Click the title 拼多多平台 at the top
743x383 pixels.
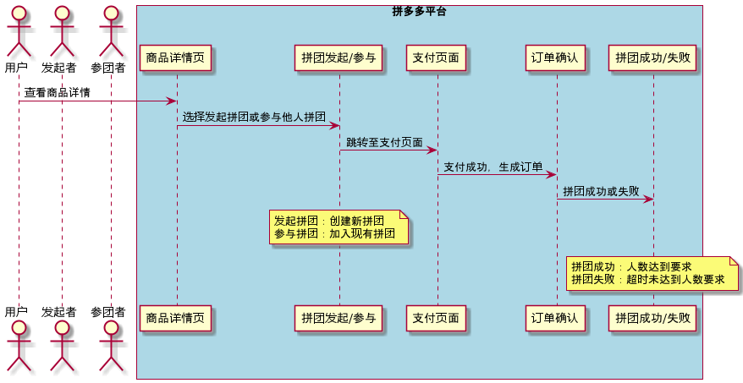(419, 12)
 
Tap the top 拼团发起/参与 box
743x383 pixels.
(339, 58)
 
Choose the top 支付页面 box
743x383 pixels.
(437, 58)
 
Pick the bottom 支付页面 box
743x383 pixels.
(437, 319)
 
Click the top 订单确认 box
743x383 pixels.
(555, 58)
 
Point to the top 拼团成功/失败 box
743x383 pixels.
(652, 58)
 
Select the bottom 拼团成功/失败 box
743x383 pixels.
(652, 319)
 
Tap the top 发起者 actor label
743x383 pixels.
(59, 67)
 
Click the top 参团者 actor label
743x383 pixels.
(108, 67)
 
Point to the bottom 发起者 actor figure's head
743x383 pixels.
(59, 329)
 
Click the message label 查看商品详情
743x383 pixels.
(58, 92)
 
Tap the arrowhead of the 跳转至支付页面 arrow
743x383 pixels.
(432, 150)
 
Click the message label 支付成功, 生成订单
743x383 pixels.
(493, 167)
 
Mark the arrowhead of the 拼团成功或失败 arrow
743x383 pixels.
(649, 200)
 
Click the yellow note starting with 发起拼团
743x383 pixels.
(338, 227)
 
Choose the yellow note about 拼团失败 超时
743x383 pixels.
(652, 273)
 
